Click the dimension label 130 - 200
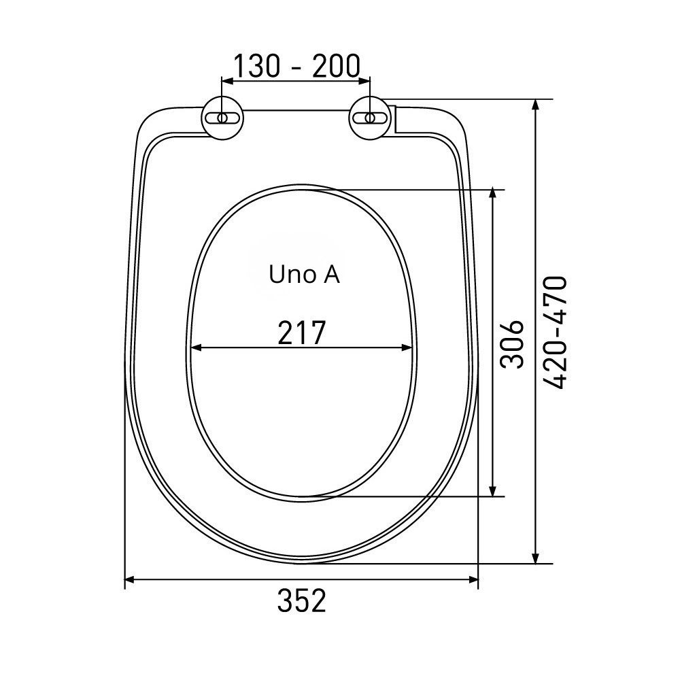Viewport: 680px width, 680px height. click(x=297, y=66)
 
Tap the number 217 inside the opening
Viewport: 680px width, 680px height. click(x=301, y=333)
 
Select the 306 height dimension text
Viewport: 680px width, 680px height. click(x=512, y=344)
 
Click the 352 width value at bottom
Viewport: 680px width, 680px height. click(x=301, y=600)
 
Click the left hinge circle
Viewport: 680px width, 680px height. click(x=222, y=118)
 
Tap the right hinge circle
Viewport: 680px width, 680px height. click(x=370, y=118)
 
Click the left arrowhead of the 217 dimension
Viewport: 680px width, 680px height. click(x=197, y=347)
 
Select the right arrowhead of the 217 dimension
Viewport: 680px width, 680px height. click(x=407, y=347)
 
